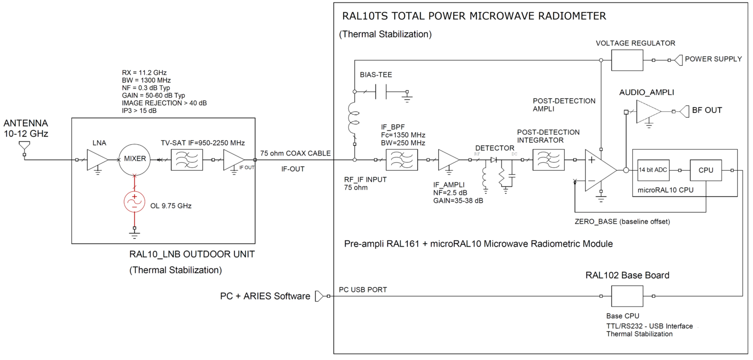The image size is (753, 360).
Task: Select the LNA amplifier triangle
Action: pyautogui.click(x=97, y=160)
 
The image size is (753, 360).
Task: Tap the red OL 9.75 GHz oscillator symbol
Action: pyautogui.click(x=134, y=202)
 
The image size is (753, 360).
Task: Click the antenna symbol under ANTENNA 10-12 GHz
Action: pyautogui.click(x=24, y=146)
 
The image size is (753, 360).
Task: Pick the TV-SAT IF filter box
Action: pyautogui.click(x=187, y=160)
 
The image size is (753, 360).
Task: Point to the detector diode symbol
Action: pyautogui.click(x=494, y=160)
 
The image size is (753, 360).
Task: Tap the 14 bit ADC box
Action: pyautogui.click(x=652, y=171)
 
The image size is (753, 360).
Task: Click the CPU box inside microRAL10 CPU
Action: pyautogui.click(x=705, y=171)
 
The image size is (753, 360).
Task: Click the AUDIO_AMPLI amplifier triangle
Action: pyautogui.click(x=648, y=111)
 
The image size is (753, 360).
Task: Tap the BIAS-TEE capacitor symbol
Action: pyautogui.click(x=380, y=92)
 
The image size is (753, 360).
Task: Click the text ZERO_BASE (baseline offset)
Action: pyautogui.click(x=622, y=222)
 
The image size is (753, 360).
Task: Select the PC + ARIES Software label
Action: pyautogui.click(x=265, y=296)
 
